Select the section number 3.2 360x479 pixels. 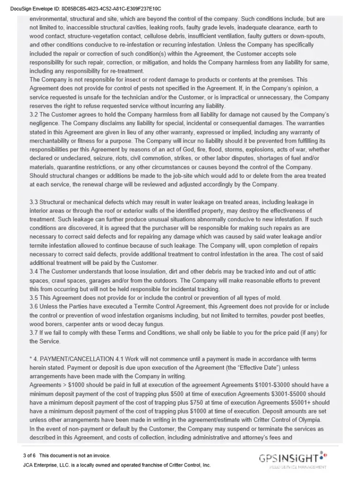coord(34,114)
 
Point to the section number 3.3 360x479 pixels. coord(34,202)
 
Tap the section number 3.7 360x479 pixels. coord(34,333)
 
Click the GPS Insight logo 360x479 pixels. coord(293,459)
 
